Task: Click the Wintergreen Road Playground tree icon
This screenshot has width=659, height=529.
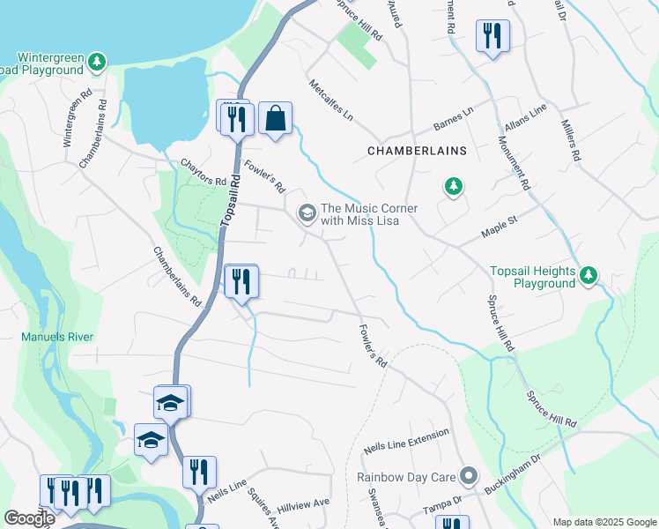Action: tap(99, 63)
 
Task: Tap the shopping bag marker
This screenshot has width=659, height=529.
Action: tap(275, 117)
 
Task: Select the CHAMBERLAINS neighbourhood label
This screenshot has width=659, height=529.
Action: tap(416, 151)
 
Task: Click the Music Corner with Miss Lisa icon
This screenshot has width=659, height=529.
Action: tap(307, 212)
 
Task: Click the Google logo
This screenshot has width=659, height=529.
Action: tap(29, 518)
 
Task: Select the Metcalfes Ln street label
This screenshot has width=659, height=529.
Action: tap(330, 101)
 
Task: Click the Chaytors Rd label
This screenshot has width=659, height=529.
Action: tap(197, 166)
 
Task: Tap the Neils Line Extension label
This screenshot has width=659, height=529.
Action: tap(406, 442)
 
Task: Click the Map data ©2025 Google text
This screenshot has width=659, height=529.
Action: tap(604, 521)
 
